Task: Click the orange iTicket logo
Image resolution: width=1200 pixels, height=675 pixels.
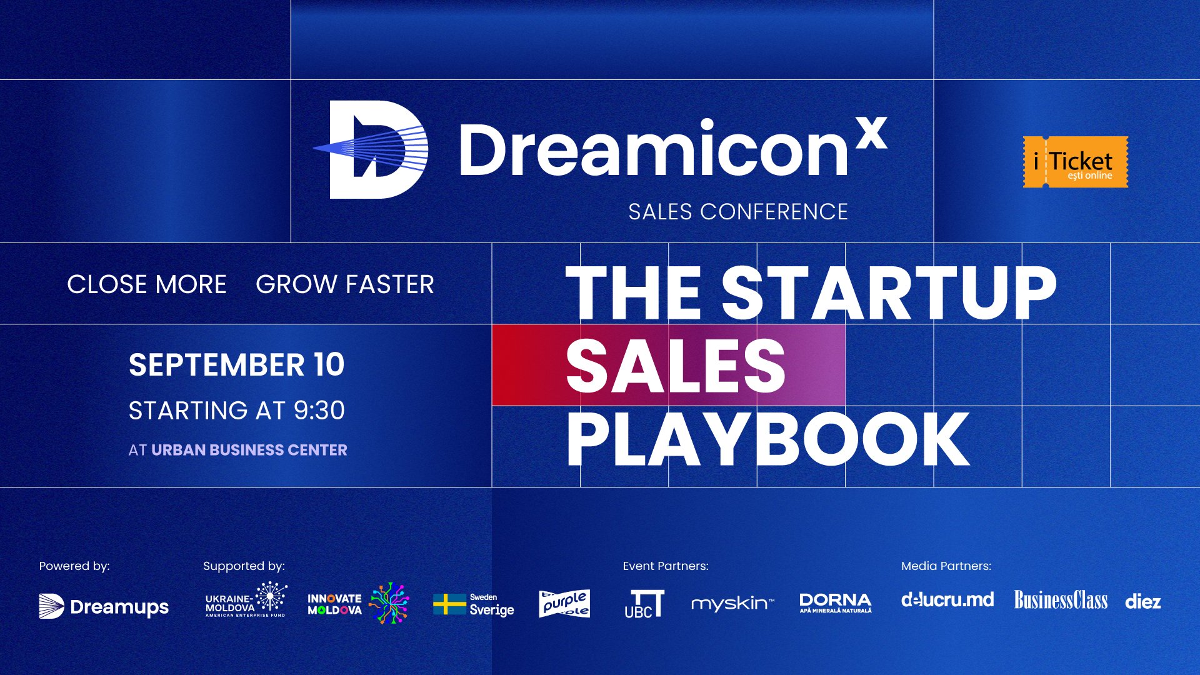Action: point(1075,162)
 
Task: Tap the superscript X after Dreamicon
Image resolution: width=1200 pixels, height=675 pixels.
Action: point(871,133)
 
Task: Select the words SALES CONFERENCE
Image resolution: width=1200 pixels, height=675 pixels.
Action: point(737,212)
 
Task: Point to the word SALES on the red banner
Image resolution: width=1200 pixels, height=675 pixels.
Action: point(675,366)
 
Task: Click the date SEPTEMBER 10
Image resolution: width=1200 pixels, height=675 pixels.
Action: point(236,365)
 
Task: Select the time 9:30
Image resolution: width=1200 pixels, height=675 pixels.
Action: point(319,411)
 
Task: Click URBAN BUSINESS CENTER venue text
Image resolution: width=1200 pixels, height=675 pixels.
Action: point(249,450)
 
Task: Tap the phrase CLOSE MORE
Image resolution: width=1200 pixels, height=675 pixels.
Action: point(146,284)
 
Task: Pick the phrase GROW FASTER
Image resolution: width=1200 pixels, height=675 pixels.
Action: point(344,284)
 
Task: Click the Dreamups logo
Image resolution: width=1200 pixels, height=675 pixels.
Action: point(104,606)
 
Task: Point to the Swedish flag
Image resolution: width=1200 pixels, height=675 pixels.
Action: point(449,604)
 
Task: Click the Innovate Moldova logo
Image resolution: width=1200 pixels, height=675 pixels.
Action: point(357,604)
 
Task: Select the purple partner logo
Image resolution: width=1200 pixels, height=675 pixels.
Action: point(564,603)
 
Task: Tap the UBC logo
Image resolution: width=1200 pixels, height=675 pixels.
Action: point(644,604)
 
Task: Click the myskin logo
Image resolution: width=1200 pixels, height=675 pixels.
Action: point(732,604)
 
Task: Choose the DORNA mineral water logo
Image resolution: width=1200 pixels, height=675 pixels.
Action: point(835,602)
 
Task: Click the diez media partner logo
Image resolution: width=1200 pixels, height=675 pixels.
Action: point(1142,602)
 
